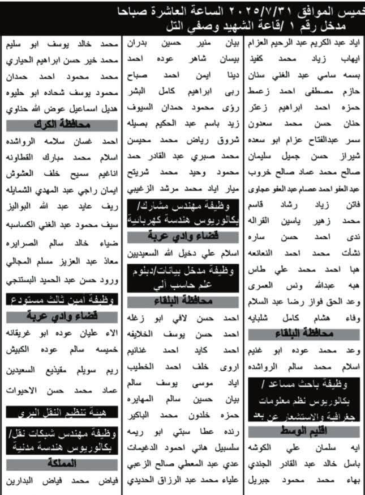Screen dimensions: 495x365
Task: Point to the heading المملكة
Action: pyautogui.click(x=61, y=464)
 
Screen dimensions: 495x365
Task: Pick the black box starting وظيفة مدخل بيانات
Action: pyautogui.click(x=182, y=274)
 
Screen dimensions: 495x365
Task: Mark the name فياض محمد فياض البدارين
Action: pyautogui.click(x=61, y=481)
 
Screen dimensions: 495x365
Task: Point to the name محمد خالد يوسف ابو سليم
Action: pyautogui.click(x=61, y=43)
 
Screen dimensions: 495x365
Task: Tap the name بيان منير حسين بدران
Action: pyautogui.click(x=182, y=43)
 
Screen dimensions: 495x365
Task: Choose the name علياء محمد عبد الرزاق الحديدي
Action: pyautogui.click(x=182, y=481)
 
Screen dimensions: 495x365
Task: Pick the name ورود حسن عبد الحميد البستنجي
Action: pyautogui.click(x=61, y=278)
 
